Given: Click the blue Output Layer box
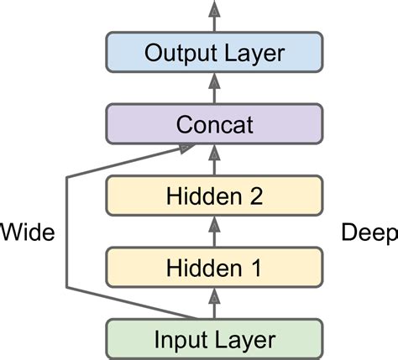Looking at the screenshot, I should click(x=214, y=53).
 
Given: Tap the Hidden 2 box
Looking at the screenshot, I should click(x=214, y=196).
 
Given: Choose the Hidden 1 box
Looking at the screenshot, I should click(x=214, y=268).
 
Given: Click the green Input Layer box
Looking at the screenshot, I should click(x=214, y=339).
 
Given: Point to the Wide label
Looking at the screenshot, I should click(x=27, y=232).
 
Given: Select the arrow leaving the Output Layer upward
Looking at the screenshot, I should click(x=214, y=15).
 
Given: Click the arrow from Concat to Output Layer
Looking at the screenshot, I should click(x=214, y=88).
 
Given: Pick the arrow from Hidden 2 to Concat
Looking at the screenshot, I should click(x=214, y=160).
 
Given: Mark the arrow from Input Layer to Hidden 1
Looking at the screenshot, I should click(x=214, y=303).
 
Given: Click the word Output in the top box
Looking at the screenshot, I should click(x=179, y=53).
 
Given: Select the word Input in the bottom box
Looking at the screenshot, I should click(x=177, y=339).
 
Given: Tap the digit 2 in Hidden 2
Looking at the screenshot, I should click(x=255, y=196).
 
